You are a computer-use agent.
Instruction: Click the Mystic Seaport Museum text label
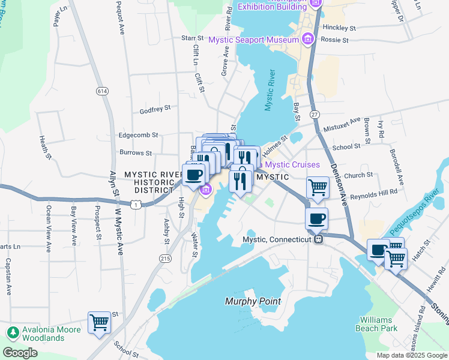pyautogui.click(x=253, y=40)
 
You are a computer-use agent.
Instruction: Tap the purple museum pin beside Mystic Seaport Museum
pyautogui.click(x=308, y=40)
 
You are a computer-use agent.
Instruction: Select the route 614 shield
pyautogui.click(x=103, y=90)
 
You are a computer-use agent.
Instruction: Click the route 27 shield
pyautogui.click(x=314, y=114)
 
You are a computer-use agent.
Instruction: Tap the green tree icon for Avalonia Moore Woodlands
pyautogui.click(x=12, y=333)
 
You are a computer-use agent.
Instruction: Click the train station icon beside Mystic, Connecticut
pyautogui.click(x=319, y=239)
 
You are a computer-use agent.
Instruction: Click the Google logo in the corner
pyautogui.click(x=20, y=352)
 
